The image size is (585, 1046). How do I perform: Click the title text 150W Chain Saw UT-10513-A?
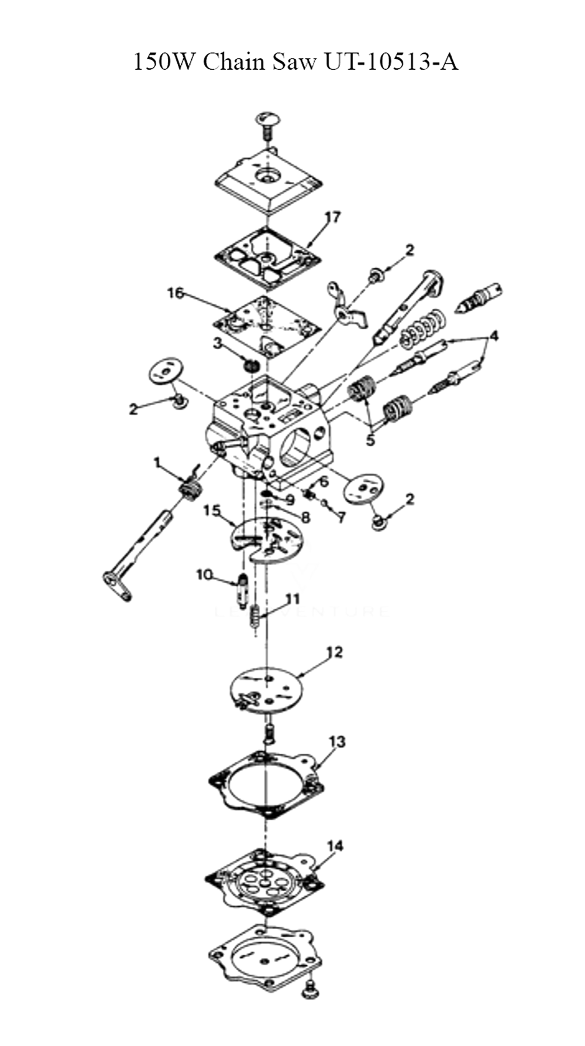[295, 61]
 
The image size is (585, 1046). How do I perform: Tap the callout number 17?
[333, 217]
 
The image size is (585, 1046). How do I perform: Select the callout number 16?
[175, 292]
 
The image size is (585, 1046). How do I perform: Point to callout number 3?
[218, 343]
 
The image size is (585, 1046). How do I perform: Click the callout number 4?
[494, 336]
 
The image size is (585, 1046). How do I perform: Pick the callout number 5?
[370, 439]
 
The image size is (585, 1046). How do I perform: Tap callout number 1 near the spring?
[157, 463]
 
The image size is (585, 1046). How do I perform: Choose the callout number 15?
[211, 511]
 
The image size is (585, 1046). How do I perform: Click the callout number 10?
[204, 575]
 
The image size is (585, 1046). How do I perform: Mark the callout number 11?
[292, 599]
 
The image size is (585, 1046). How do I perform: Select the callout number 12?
[335, 652]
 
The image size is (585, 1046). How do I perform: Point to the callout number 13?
[337, 741]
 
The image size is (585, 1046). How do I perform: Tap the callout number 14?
[335, 845]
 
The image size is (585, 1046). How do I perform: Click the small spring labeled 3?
[252, 365]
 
